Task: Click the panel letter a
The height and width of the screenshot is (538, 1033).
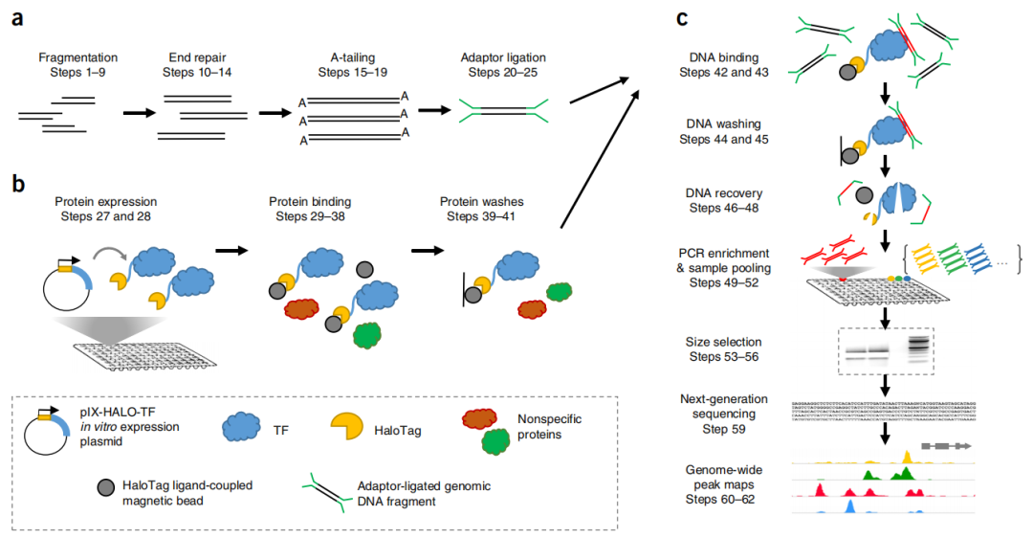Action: [18, 18]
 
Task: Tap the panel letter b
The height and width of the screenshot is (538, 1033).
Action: [18, 182]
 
